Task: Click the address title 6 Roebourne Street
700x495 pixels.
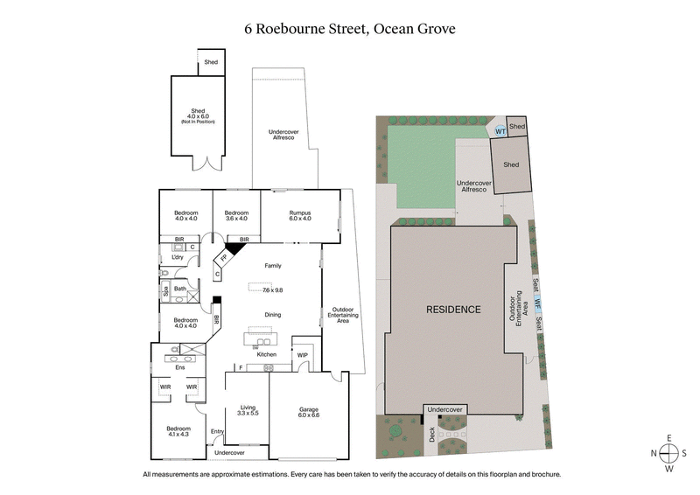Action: pyautogui.click(x=350, y=29)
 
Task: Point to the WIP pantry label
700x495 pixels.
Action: pyautogui.click(x=303, y=354)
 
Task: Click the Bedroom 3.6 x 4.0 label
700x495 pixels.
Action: pyautogui.click(x=236, y=216)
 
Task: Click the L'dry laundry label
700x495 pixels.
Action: pyautogui.click(x=177, y=257)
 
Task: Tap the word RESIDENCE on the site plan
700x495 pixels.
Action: pyautogui.click(x=453, y=310)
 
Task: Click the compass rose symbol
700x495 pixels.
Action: pyautogui.click(x=668, y=453)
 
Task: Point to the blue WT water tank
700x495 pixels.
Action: pyautogui.click(x=500, y=132)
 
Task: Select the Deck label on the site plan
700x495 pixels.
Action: pyautogui.click(x=431, y=435)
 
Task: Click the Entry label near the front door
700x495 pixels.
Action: pyautogui.click(x=217, y=431)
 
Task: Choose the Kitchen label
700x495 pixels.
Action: pyautogui.click(x=266, y=354)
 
